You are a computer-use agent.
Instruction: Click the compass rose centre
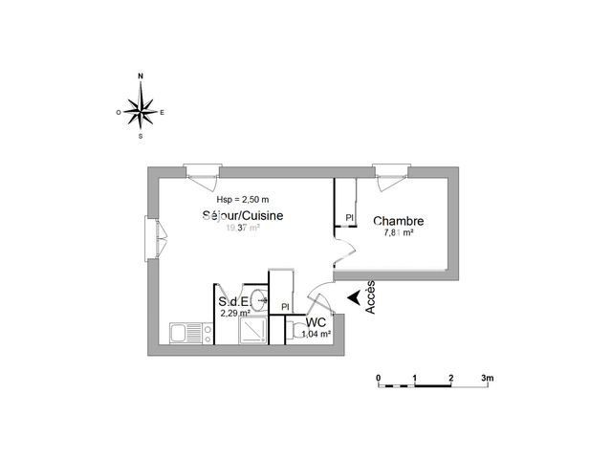(142, 111)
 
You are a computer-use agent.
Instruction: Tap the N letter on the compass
(142, 75)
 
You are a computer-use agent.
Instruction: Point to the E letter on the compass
(163, 112)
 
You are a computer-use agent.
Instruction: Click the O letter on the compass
(119, 112)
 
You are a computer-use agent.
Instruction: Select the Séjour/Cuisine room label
(242, 216)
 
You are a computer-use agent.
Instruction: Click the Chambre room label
(398, 221)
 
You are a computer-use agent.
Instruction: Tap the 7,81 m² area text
(398, 232)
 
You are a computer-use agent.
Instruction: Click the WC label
(316, 323)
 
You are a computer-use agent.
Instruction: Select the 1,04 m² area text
(317, 335)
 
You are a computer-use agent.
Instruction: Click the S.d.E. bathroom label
(233, 302)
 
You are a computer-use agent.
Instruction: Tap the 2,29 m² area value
(235, 313)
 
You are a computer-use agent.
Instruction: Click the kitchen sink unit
(190, 333)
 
